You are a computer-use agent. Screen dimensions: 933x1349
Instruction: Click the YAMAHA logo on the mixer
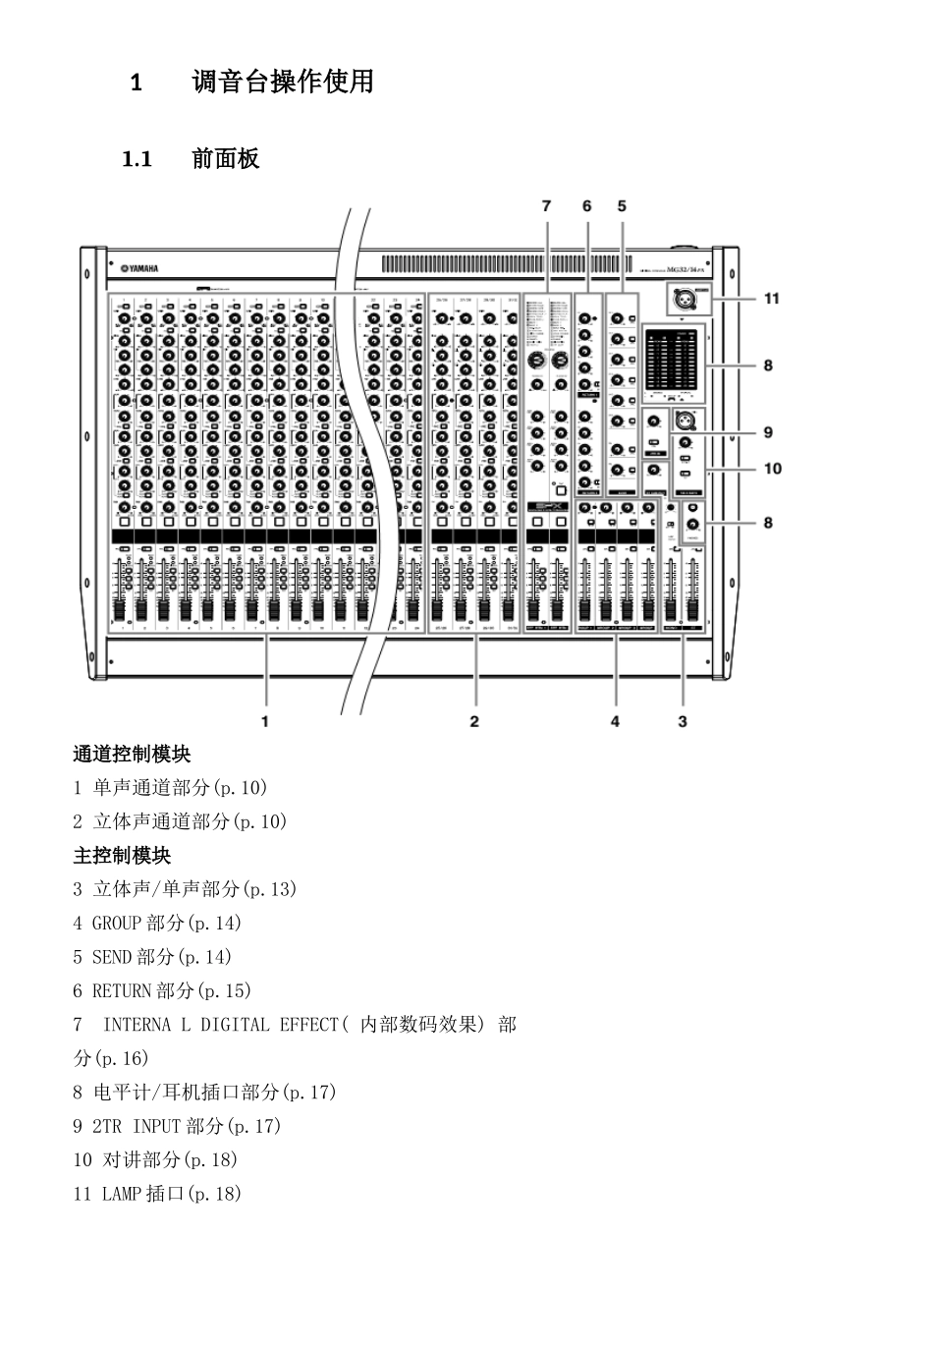138,267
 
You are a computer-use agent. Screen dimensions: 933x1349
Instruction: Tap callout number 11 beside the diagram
772,298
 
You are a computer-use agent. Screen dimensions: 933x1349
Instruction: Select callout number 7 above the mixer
547,206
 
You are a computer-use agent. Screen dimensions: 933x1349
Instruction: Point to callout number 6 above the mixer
587,206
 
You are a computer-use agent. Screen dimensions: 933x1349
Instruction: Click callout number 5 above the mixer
622,206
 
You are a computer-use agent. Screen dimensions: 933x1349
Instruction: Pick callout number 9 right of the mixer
768,432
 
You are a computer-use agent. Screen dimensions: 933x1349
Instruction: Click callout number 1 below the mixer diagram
264,721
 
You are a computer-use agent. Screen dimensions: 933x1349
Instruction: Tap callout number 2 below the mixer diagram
474,721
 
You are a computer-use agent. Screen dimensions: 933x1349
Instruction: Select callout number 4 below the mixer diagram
615,721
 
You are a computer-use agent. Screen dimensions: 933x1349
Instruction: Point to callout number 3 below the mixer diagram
683,721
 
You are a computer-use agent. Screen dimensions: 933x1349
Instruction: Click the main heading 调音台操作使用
283,82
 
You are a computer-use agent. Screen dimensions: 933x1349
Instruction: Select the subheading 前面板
225,159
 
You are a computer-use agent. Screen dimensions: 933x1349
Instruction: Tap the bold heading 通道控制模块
132,755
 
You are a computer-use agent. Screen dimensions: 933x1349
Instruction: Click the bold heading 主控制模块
122,856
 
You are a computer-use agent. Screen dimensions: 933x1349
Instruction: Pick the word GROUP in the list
117,924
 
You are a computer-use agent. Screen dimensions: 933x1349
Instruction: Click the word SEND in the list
112,957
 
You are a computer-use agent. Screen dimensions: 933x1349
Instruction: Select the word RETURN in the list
122,991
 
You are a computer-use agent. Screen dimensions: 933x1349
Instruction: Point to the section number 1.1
137,159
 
